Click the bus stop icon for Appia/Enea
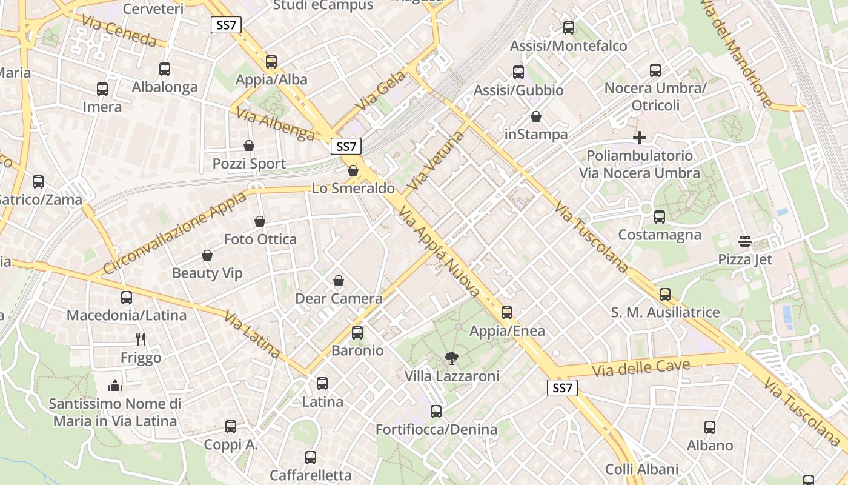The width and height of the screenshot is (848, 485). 507,313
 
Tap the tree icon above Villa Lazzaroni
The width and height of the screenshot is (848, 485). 451,358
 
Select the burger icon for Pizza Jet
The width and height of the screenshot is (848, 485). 745,242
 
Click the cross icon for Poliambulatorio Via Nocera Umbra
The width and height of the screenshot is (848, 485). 639,138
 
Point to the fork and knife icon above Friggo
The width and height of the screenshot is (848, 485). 141,339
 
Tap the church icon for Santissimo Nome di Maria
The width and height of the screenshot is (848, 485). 115,386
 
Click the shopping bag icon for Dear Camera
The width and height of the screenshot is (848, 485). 339,281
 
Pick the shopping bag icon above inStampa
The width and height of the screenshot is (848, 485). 536,116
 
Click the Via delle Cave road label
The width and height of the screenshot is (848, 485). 641,367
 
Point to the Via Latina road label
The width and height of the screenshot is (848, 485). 252,335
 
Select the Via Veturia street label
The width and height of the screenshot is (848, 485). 436,160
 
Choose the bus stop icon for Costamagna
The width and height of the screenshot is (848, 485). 660,216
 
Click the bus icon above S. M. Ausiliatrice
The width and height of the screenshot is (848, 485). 665,295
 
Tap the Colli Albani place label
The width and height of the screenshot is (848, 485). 641,469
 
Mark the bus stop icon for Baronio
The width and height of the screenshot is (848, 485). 357,333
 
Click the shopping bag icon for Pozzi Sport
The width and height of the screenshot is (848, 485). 249,145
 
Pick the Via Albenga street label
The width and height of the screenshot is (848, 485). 276,124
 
